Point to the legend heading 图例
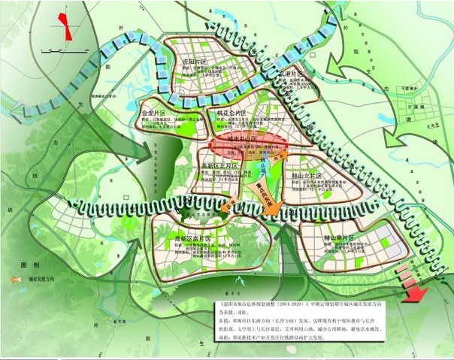point(30,265)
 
